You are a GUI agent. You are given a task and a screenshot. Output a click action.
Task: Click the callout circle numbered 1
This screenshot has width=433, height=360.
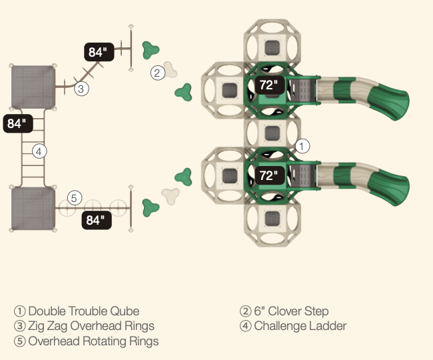(x=302, y=145)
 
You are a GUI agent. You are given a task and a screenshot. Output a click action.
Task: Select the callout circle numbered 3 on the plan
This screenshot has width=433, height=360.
(x=81, y=88)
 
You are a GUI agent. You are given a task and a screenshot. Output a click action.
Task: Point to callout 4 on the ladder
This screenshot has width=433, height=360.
(x=39, y=151)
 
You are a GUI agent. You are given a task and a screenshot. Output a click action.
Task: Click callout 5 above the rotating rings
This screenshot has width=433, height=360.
(x=75, y=197)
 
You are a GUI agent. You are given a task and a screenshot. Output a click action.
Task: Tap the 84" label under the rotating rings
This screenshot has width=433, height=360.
(x=97, y=220)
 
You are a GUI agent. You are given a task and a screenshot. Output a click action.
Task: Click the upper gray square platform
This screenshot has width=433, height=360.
(x=32, y=86)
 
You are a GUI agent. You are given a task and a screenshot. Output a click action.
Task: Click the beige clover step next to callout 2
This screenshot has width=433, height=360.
(x=173, y=69)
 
